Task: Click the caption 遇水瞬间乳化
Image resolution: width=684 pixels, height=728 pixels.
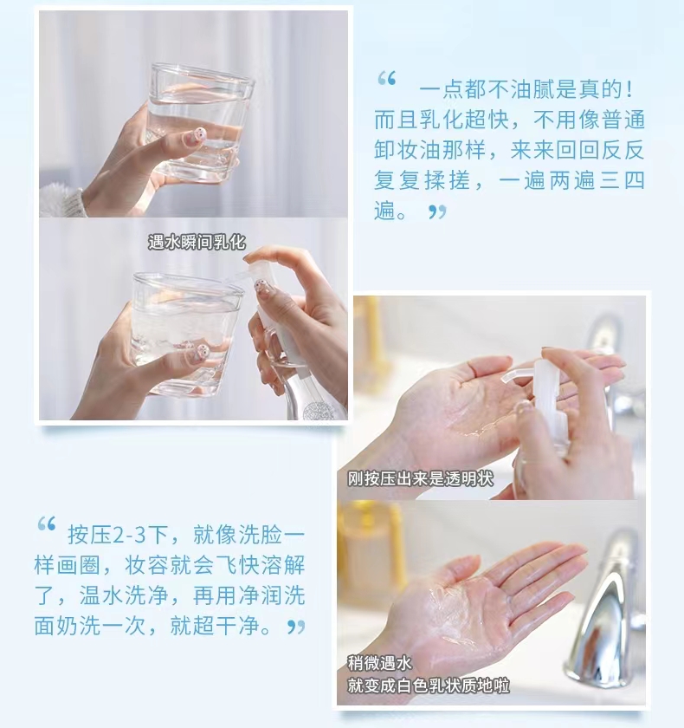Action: [x=197, y=242]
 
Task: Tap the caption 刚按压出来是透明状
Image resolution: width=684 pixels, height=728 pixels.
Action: [x=421, y=478]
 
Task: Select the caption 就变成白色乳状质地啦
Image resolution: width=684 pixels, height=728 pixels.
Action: [x=429, y=686]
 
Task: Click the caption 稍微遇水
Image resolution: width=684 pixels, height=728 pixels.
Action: [x=380, y=663]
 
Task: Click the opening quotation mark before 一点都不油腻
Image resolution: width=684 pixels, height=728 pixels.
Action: [x=387, y=79]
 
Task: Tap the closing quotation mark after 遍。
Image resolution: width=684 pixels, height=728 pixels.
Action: [x=437, y=211]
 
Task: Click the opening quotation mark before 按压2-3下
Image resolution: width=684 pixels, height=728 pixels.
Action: [x=47, y=523]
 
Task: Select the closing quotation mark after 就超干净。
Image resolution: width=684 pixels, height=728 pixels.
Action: [x=296, y=627]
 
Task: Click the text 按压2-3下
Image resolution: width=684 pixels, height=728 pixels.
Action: [x=118, y=535]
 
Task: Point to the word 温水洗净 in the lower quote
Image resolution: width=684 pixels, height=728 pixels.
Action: [x=125, y=596]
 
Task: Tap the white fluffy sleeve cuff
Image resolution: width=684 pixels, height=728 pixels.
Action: [x=61, y=200]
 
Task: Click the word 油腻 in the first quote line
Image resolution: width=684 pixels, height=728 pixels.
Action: [x=533, y=89]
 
